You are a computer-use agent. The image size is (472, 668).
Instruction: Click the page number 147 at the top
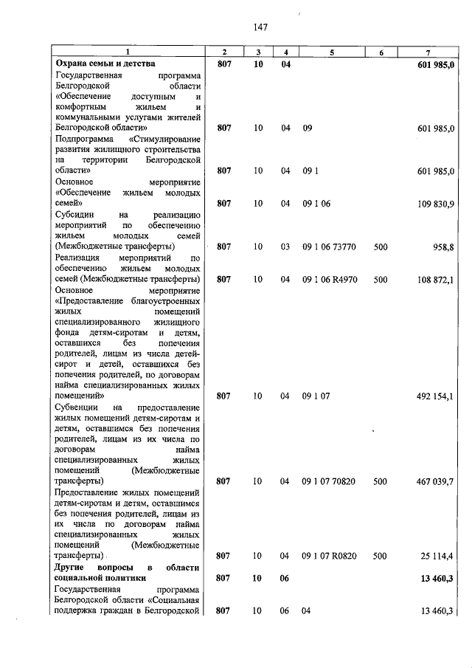[x=259, y=27]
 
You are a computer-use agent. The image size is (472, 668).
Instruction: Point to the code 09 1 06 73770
[x=329, y=247]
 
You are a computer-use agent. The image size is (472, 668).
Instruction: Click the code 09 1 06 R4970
[x=329, y=280]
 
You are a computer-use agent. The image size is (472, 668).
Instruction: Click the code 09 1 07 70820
[x=329, y=481]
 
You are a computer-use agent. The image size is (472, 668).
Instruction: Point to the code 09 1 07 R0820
[x=329, y=555]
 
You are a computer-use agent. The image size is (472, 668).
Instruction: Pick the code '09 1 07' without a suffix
[x=316, y=396]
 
